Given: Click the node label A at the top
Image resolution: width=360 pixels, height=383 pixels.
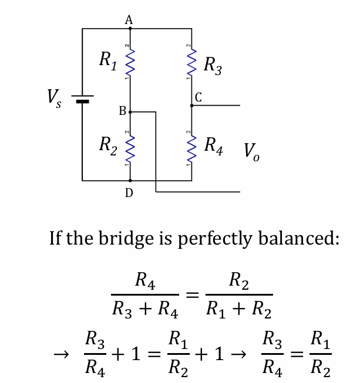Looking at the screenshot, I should click(x=129, y=19).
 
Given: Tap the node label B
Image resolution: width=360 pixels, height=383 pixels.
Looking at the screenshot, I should click(x=122, y=110).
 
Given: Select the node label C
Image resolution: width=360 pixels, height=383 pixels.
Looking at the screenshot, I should click(x=198, y=98).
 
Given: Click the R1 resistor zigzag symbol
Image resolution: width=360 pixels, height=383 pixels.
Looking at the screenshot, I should click(x=130, y=62).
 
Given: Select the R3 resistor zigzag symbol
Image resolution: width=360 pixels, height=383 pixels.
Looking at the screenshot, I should click(x=191, y=62).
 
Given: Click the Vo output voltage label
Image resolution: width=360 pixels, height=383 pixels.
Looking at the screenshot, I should click(x=251, y=152).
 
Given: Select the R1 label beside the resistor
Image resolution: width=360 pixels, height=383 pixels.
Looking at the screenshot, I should click(x=107, y=59).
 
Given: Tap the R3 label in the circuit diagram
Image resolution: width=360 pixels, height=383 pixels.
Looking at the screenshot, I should click(x=212, y=66).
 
